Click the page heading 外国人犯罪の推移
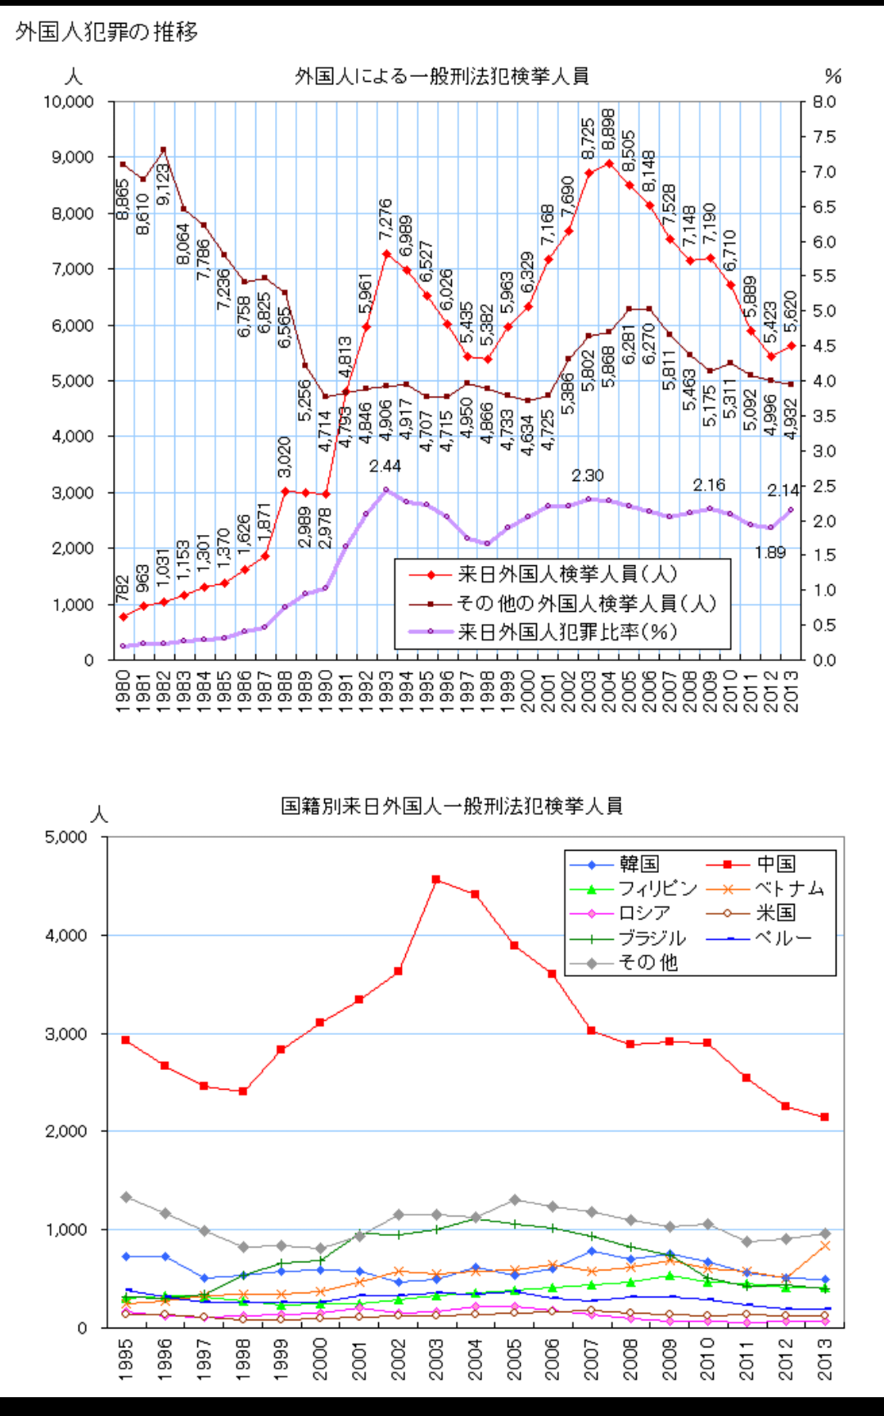(x=106, y=32)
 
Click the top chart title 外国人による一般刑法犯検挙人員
(x=441, y=77)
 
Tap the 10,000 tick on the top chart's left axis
(x=69, y=102)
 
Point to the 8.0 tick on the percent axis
(x=824, y=102)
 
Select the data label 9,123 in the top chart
(x=163, y=184)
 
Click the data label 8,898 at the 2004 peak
(x=608, y=130)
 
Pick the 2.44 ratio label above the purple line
(x=385, y=466)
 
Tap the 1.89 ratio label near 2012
(x=769, y=553)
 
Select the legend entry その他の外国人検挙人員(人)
(x=586, y=603)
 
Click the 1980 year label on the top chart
(x=123, y=691)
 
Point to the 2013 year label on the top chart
(x=791, y=691)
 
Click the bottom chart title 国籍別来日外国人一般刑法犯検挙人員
(x=451, y=807)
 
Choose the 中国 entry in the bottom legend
(x=775, y=864)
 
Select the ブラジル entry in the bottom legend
(x=652, y=938)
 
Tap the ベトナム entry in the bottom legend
(x=789, y=888)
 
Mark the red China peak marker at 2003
(x=436, y=879)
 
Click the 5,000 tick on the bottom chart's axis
(x=65, y=838)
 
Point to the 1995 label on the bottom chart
(x=126, y=1359)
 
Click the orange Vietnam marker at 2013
(x=825, y=1246)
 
